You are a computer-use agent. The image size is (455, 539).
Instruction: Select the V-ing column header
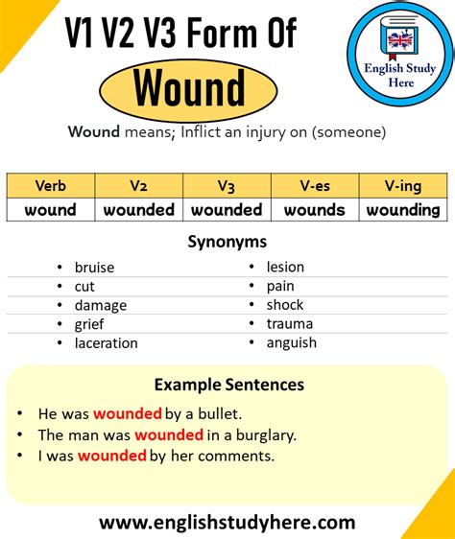[403, 186]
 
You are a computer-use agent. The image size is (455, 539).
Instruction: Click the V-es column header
[315, 186]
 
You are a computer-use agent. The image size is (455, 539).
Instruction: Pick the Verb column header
[50, 186]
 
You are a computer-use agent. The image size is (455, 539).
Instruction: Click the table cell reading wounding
[403, 209]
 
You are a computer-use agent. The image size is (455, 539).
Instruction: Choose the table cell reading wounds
[315, 209]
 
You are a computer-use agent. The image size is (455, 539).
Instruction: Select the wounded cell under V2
[138, 209]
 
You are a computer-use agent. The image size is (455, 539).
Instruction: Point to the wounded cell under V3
[227, 209]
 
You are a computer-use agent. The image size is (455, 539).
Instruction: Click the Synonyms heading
[227, 242]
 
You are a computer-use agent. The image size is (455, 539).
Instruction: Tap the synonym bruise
[93, 268]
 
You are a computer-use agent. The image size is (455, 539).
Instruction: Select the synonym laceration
[106, 342]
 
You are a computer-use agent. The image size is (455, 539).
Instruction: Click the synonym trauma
[290, 324]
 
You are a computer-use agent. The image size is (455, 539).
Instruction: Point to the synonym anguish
[292, 342]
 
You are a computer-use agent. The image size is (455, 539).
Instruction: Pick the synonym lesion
[285, 268]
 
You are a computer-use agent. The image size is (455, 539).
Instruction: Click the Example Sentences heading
[228, 385]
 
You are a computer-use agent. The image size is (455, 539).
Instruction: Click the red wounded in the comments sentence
[111, 456]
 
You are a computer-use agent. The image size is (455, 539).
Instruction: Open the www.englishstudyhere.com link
[227, 522]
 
